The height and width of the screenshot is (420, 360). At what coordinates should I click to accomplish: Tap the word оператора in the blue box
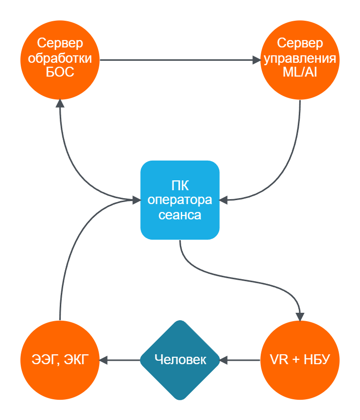pyautogui.click(x=180, y=201)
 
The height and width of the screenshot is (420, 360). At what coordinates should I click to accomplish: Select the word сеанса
pyautogui.click(x=180, y=215)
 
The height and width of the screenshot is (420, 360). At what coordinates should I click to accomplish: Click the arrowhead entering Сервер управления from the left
pyautogui.click(x=256, y=60)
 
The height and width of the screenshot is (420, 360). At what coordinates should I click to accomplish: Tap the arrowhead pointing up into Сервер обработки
pyautogui.click(x=60, y=103)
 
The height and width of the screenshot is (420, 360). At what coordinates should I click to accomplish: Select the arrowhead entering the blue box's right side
pyautogui.click(x=224, y=200)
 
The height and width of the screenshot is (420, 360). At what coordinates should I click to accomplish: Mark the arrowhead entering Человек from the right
pyautogui.click(x=223, y=360)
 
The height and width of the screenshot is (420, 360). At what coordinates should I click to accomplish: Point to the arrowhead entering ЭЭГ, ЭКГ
pyautogui.click(x=103, y=360)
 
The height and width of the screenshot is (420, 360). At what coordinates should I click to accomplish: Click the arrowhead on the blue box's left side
pyautogui.click(x=137, y=200)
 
